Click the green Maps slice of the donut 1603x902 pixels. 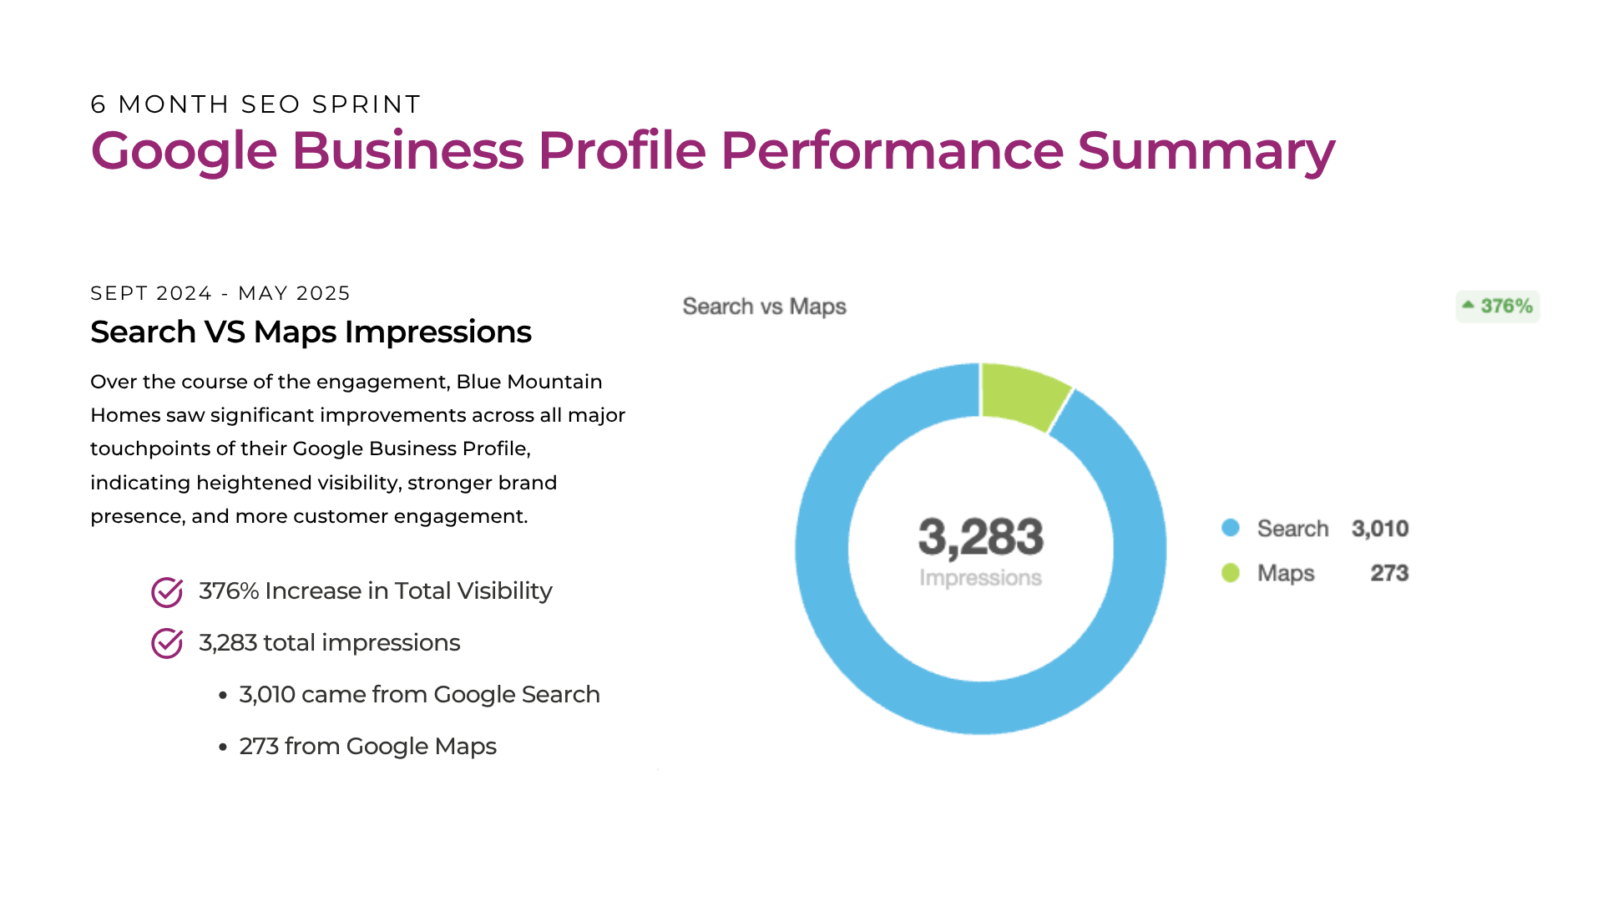[x=1022, y=394]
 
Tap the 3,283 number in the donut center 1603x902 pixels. [x=981, y=537]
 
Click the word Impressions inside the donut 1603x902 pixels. [x=981, y=578]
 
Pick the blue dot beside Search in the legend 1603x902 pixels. [x=1231, y=528]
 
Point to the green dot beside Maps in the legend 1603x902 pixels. [x=1231, y=573]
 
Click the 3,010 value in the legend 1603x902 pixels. [x=1380, y=529]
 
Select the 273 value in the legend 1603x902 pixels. [x=1390, y=573]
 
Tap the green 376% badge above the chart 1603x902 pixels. [x=1498, y=307]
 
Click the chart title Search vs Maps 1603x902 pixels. [x=765, y=307]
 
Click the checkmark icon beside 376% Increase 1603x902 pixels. [x=167, y=592]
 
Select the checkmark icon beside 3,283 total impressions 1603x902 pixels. [x=167, y=643]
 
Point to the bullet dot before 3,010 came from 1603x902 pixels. [x=223, y=695]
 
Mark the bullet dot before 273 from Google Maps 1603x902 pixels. [x=223, y=747]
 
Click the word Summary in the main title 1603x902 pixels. [x=1206, y=151]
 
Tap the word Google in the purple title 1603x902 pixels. [x=184, y=151]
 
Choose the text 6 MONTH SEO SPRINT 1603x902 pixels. [x=255, y=104]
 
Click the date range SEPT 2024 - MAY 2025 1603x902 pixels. [x=220, y=293]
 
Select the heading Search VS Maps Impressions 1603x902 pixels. [x=311, y=332]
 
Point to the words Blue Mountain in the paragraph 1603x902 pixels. [x=529, y=382]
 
